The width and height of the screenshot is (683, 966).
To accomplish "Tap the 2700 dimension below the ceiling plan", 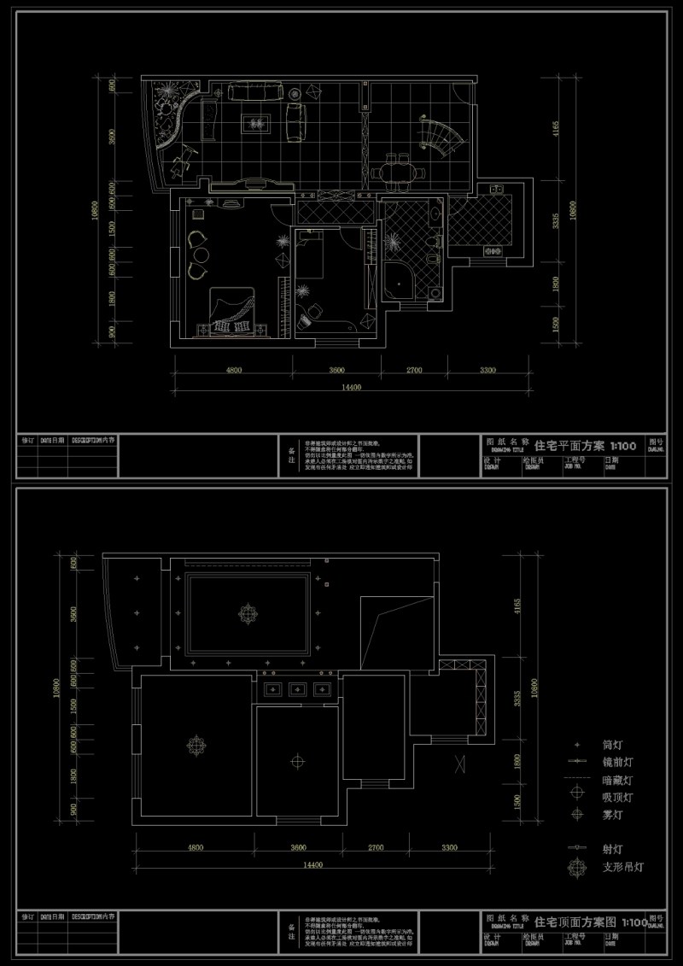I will coord(376,847).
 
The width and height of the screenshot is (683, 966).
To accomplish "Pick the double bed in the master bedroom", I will coord(231,309).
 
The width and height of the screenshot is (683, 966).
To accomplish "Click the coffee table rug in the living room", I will coord(255,123).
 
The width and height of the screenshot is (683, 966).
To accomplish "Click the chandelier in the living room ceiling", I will coord(248,612).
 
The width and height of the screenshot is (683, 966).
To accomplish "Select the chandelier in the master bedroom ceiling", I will coord(197,744).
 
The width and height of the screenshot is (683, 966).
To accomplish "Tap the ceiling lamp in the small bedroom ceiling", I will coord(297,758).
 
